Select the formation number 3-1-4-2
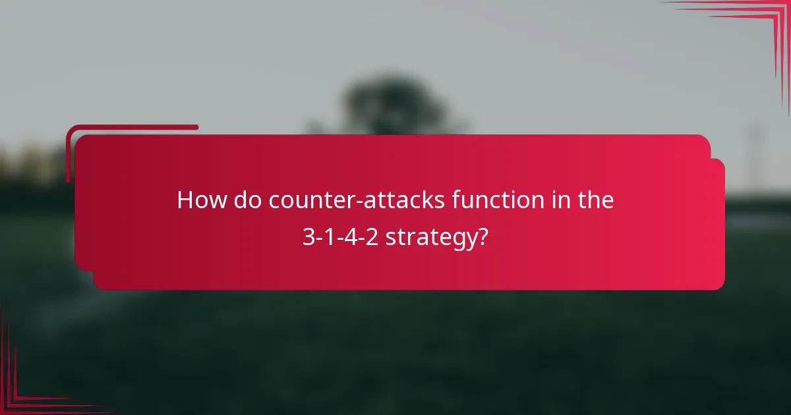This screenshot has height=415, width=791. [340, 236]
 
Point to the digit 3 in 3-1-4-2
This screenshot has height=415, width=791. [308, 236]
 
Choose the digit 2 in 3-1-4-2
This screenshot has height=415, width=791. [372, 236]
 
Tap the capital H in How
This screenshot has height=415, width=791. [185, 200]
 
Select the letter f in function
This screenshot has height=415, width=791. [456, 200]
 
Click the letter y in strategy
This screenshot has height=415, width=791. [471, 239]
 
